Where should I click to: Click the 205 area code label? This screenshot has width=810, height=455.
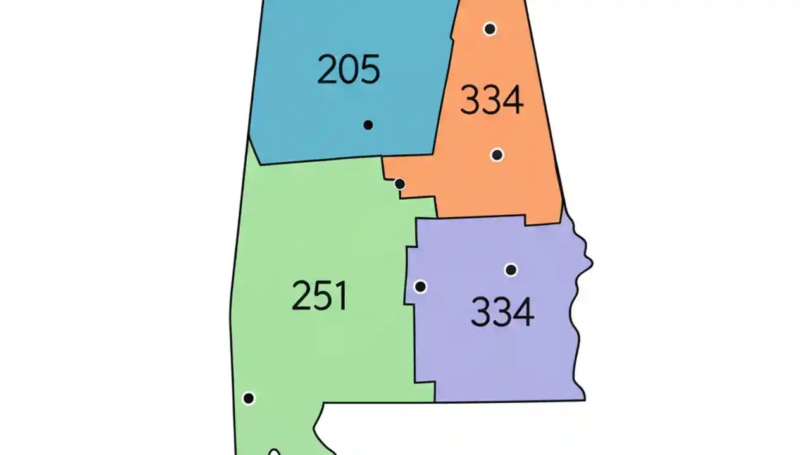pos(349,70)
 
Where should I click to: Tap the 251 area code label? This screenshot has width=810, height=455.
pos(320,296)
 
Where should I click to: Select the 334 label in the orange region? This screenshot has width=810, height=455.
pos(492,100)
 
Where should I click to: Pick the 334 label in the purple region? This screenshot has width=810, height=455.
pos(502,312)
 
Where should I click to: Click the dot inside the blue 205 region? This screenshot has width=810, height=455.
pos(368,125)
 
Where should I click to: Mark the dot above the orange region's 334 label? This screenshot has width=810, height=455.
pos(490,28)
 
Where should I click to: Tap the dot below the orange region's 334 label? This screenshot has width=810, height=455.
pos(497,155)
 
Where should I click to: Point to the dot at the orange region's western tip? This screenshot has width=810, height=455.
pos(399,184)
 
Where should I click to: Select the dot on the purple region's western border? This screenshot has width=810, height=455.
pos(420,287)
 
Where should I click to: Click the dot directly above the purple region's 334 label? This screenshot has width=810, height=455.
pos(511,270)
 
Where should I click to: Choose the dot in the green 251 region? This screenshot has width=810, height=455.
pos(249,398)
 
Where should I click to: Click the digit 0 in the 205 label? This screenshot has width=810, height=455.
pos(349,70)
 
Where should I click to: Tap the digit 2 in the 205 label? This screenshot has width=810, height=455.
pos(327,70)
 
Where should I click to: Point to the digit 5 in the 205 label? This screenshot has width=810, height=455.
pos(370,70)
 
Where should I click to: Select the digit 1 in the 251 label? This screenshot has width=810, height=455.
pos(342,296)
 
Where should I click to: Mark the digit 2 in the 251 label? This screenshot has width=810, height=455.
pos(301,296)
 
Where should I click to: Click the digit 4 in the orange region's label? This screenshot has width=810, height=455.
pos(513,100)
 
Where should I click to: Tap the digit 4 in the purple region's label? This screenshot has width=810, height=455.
pos(523,312)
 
